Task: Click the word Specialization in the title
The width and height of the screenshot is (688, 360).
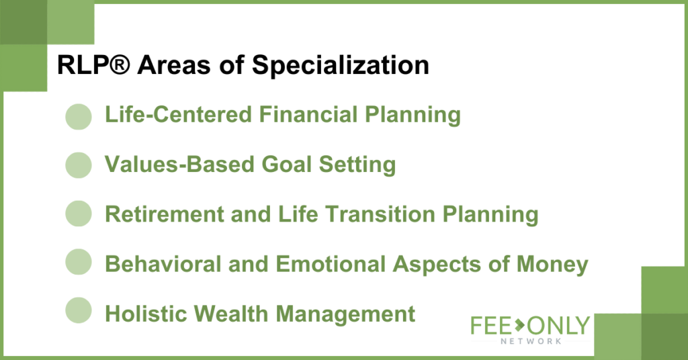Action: (x=340, y=66)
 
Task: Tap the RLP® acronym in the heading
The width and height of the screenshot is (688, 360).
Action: (x=93, y=65)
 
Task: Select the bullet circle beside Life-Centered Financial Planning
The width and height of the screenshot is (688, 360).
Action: (x=79, y=117)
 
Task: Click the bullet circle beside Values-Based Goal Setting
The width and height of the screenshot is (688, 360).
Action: (x=79, y=165)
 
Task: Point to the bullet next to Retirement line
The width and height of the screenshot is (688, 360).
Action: (x=79, y=214)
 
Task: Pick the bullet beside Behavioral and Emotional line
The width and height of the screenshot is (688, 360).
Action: (x=79, y=262)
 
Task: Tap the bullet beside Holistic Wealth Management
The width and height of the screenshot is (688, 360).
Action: (x=79, y=310)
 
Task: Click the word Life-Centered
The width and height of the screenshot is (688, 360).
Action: (x=178, y=114)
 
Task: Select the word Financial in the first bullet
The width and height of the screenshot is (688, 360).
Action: (x=308, y=114)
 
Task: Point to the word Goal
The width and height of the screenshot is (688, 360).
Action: (x=286, y=165)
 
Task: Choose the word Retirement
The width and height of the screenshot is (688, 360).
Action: (x=165, y=214)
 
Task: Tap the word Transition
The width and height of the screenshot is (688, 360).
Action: (x=380, y=214)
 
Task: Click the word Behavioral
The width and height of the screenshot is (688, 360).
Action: (x=163, y=264)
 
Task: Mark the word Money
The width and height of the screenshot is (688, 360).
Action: (x=552, y=265)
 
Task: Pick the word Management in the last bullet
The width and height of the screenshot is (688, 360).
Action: (x=345, y=314)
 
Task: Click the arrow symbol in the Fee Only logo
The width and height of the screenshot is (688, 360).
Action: (x=519, y=325)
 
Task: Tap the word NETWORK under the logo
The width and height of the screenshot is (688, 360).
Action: (x=531, y=341)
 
